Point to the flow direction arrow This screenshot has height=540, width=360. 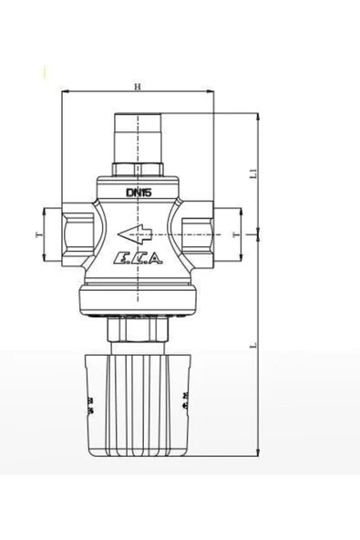coord(139,231)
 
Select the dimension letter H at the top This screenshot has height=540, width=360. coord(137,88)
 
